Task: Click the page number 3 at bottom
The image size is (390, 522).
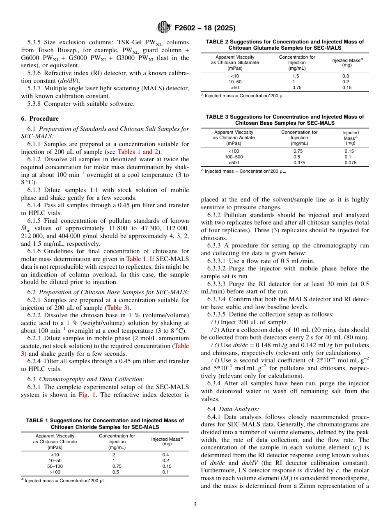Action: (x=195, y=504)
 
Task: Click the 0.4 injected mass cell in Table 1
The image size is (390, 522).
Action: (x=165, y=455)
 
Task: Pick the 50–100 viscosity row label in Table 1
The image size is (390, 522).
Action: (x=55, y=466)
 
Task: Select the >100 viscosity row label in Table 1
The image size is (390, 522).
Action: (x=55, y=472)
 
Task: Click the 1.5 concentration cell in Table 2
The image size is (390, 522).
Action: (x=296, y=76)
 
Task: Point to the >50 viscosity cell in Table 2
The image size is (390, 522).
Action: (x=235, y=87)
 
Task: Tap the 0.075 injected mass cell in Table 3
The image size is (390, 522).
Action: (x=350, y=163)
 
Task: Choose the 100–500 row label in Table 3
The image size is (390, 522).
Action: (x=234, y=157)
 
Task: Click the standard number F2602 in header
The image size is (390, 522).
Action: (x=187, y=28)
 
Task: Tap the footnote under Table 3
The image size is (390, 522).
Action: (x=243, y=171)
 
